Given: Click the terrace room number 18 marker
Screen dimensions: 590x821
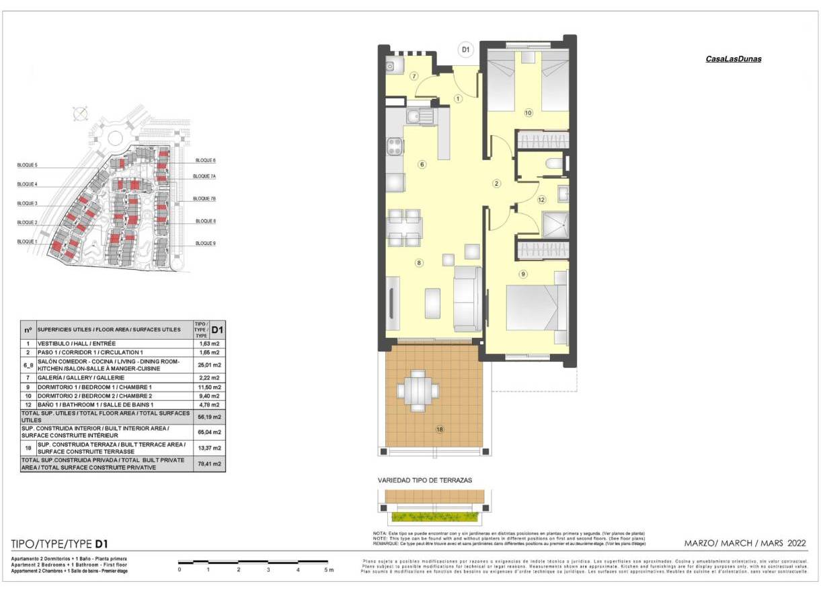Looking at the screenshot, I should (439, 430).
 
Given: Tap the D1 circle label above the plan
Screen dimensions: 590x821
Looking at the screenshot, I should (465, 49).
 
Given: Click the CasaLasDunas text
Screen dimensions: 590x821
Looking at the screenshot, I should (733, 59).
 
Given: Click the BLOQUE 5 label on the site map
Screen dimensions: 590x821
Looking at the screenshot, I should (28, 165).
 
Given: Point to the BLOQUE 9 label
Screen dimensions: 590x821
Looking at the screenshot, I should (205, 243).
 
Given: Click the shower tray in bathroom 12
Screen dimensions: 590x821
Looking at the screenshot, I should (555, 225).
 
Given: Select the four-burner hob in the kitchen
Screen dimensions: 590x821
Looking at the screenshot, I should (395, 146).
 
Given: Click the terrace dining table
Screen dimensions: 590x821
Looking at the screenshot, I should (418, 390).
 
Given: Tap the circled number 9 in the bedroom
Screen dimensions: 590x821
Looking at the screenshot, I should (523, 274).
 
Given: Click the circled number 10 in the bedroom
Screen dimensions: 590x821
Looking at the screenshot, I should (528, 113).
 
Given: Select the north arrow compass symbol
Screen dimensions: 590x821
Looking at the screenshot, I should (79, 113).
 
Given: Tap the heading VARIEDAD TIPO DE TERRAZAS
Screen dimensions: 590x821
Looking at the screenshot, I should (424, 480).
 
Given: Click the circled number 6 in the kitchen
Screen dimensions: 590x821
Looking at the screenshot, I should (422, 164).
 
